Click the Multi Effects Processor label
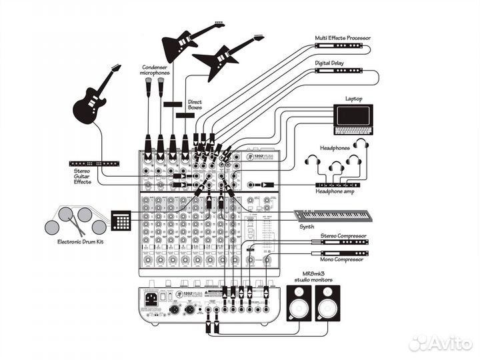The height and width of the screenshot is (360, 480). (343, 38)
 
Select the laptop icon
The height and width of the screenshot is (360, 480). (353, 117)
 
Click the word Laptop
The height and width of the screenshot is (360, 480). (354, 98)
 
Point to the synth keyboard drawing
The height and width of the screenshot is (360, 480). (332, 215)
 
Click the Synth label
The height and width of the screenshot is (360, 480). (307, 227)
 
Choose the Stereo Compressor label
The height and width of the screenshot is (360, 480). (341, 235)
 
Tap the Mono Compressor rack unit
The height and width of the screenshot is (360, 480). (340, 251)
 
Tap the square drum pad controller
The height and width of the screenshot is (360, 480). (121, 221)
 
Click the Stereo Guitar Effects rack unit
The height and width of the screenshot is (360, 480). (95, 163)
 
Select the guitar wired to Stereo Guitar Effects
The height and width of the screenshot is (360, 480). (93, 99)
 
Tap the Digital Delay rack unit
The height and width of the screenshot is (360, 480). (338, 70)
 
